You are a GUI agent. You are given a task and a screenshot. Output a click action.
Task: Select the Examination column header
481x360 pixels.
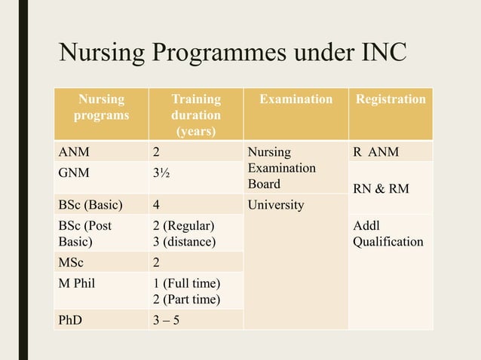pos(296,99)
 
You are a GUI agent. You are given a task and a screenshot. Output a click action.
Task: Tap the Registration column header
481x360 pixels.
pos(391,99)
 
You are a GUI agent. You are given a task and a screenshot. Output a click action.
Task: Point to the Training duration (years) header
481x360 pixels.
pos(196,116)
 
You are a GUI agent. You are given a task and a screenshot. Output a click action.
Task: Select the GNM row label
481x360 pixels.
pos(75,172)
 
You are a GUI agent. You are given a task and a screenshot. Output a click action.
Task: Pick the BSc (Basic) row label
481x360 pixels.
pos(87,204)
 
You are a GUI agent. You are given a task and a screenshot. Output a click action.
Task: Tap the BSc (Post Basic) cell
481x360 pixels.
pos(84,233)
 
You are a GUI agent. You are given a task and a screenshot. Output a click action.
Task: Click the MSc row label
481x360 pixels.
pos(72,261)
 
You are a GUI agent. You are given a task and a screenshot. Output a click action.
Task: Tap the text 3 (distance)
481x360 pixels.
pos(184,242)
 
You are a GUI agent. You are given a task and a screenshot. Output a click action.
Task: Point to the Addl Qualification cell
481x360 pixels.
pos(387,233)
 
